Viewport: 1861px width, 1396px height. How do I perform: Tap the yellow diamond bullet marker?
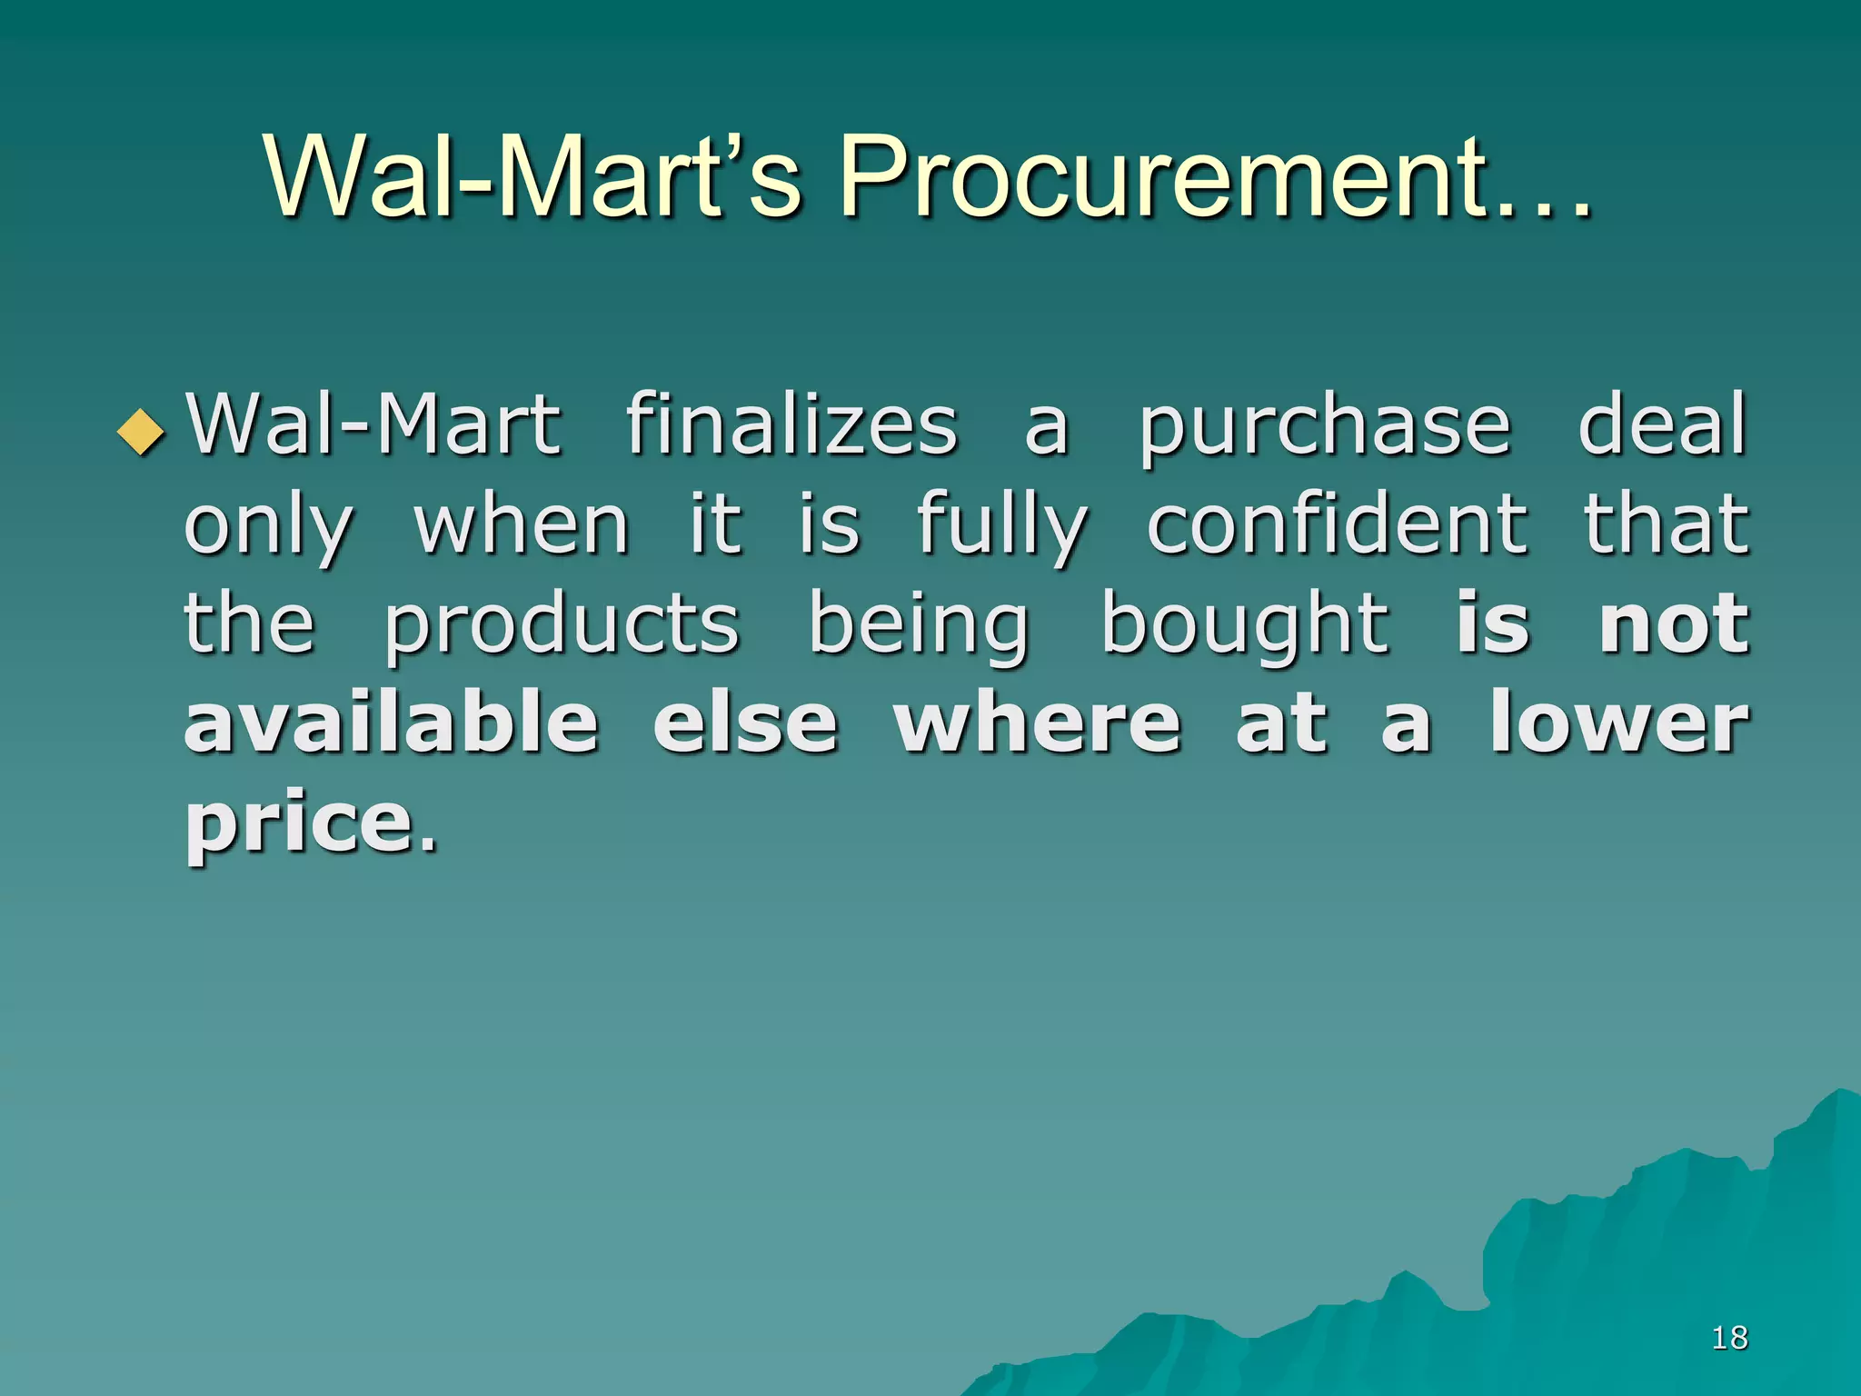pyautogui.click(x=143, y=431)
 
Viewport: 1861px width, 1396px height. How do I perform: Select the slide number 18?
pyautogui.click(x=1729, y=1337)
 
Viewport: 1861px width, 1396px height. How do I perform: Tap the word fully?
pyautogui.click(x=1001, y=525)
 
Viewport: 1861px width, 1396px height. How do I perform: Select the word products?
pyautogui.click(x=562, y=625)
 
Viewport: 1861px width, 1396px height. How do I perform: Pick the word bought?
pyautogui.click(x=1245, y=625)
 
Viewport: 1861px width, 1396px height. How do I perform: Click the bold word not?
pyautogui.click(x=1674, y=625)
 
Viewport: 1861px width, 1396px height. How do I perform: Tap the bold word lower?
pyautogui.click(x=1618, y=724)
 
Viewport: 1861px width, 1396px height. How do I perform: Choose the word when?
pyautogui.click(x=522, y=525)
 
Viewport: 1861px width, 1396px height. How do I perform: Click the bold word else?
pyautogui.click(x=745, y=724)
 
